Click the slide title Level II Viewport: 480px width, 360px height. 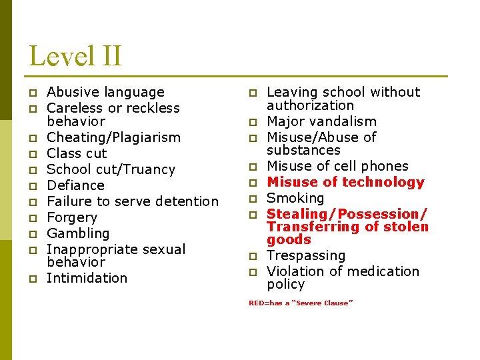(75, 55)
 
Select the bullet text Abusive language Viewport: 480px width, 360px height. (105, 92)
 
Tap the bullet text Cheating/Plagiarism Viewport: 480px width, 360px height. (113, 137)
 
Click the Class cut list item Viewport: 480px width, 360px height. (77, 153)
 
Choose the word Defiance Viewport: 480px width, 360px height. (75, 185)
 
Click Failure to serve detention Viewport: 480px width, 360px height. (133, 201)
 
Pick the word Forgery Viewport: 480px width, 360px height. (72, 217)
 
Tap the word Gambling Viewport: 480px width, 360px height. (78, 233)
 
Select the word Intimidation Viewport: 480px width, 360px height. (87, 278)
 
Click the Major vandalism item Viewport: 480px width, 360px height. (321, 121)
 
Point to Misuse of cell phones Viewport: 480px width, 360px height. (337, 166)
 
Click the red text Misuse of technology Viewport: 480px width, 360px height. (345, 182)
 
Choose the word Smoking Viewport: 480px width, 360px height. (295, 198)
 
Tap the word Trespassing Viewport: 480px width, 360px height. (306, 255)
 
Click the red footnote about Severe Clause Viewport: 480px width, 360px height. (301, 303)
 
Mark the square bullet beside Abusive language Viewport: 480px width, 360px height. (31, 93)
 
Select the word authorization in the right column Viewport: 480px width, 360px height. (310, 105)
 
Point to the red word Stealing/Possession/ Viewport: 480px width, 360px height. (346, 214)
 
